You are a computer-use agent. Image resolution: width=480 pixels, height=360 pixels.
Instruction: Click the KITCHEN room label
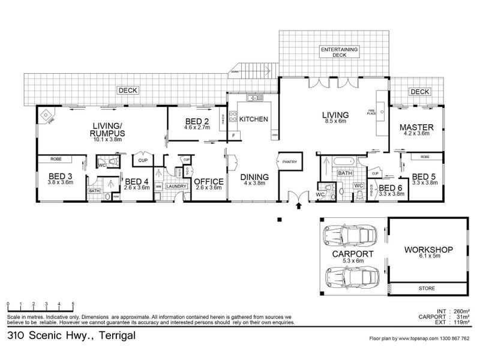(253, 119)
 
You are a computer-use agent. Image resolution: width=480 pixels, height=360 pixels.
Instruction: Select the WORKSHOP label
(427, 250)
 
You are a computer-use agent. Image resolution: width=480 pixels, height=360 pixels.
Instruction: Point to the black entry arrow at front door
(299, 207)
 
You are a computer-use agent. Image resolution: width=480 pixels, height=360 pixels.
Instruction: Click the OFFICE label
(208, 181)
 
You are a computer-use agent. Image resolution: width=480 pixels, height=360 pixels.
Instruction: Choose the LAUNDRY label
(176, 187)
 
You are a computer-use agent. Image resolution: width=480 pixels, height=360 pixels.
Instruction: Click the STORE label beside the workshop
(427, 289)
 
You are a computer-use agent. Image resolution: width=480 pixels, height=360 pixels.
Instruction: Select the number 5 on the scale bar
(73, 304)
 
